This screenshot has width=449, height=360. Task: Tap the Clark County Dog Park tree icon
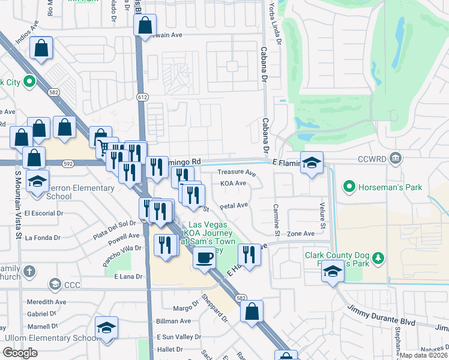click(378, 258)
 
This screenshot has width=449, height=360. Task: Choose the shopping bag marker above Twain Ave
click(145, 26)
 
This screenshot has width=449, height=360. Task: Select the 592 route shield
click(68, 163)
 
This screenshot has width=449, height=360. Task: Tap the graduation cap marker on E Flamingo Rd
click(312, 163)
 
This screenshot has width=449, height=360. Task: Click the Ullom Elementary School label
click(51, 338)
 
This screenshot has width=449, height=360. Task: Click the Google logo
click(20, 353)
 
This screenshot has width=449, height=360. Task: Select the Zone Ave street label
click(301, 233)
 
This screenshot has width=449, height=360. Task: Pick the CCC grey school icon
click(55, 284)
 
